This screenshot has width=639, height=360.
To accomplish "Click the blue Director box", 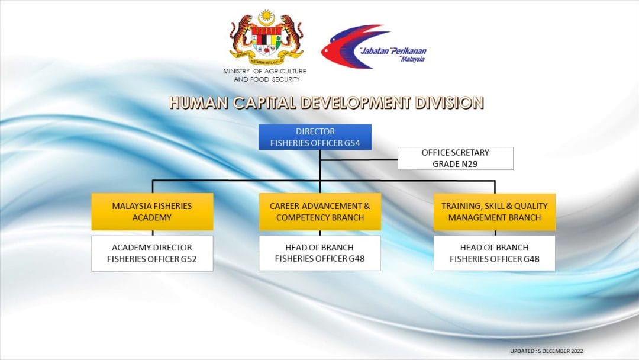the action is point(315,137).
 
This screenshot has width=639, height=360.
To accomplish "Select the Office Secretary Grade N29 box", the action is point(455,158).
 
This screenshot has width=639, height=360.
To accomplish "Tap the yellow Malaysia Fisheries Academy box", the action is point(152,211).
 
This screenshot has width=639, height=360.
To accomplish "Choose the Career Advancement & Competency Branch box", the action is point(320,211).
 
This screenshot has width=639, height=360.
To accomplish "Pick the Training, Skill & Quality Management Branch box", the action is point(494,211).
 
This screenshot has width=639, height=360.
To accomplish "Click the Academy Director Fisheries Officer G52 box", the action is point(152,253).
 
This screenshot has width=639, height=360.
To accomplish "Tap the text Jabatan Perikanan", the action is point(393,51).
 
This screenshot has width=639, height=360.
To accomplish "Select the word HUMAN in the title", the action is point(198,103).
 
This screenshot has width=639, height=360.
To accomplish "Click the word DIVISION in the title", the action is point(449,103).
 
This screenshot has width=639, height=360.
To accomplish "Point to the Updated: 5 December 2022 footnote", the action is point(547,351).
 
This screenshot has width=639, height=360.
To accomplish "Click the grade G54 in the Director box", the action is point(352,143).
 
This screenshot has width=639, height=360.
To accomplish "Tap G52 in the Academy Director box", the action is point(189,259).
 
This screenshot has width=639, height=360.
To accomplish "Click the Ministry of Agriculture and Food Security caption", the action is point(265,75).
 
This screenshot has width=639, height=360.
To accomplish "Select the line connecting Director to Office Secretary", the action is point(359,160).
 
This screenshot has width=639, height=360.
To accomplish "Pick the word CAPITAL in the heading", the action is point(264,103).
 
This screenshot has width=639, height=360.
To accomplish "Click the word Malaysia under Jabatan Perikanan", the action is point(412,60).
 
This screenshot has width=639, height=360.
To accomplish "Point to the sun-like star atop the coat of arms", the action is point(266,16).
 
